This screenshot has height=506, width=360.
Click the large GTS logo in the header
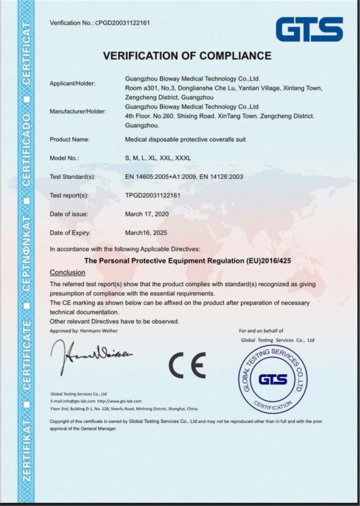click(x=309, y=29)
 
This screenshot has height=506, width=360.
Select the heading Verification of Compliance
click(x=187, y=56)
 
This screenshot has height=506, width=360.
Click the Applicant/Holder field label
click(x=72, y=84)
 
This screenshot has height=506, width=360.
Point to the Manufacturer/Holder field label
click(x=77, y=111)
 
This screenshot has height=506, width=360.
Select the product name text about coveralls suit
click(x=185, y=140)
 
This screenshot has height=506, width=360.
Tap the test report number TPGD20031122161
click(x=153, y=196)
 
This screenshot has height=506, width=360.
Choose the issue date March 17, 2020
click(x=147, y=214)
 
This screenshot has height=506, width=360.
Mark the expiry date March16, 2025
click(x=146, y=233)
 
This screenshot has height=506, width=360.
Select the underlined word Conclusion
click(x=67, y=272)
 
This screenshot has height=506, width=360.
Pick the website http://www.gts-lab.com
click(x=119, y=401)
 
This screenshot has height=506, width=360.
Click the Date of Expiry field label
click(x=70, y=233)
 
